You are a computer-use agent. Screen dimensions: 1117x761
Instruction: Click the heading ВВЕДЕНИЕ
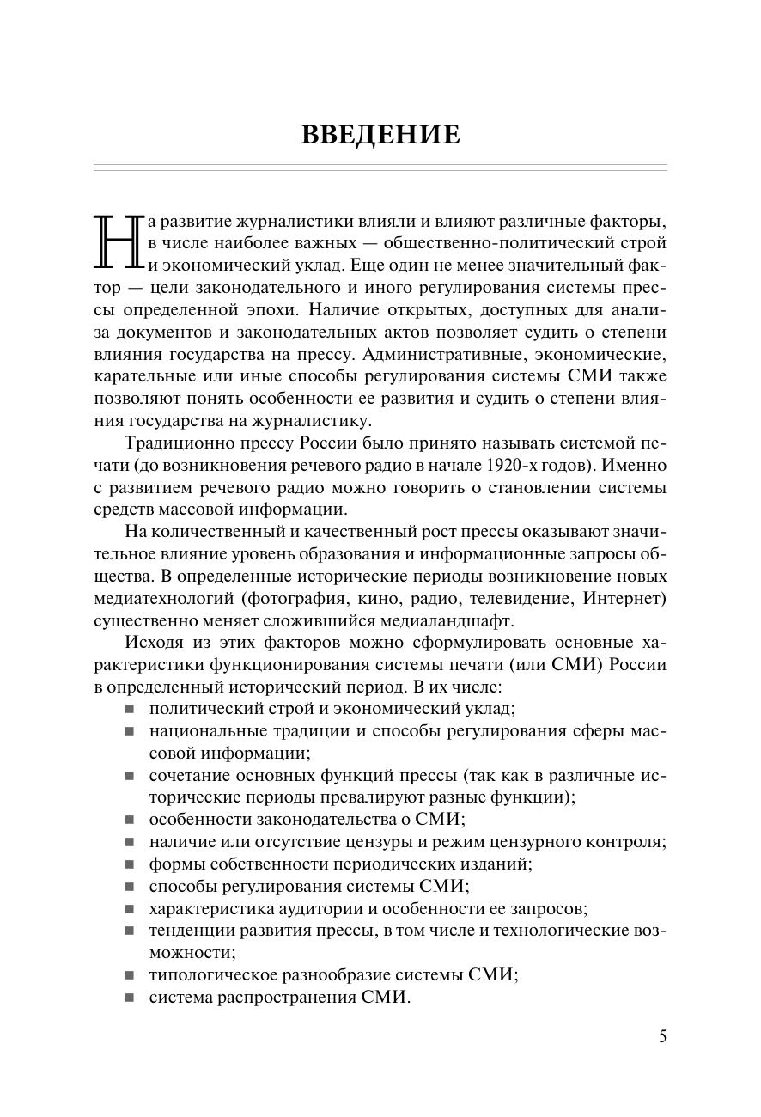[380, 135]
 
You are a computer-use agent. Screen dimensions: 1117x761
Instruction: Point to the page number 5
[662, 1036]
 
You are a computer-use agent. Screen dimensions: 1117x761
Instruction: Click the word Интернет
[624, 598]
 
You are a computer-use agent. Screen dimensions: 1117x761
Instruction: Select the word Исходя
[155, 642]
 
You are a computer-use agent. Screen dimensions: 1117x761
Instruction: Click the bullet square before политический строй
[130, 709]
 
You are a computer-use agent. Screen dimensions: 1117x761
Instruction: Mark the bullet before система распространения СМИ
[130, 998]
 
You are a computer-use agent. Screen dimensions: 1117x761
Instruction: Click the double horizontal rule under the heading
[380, 168]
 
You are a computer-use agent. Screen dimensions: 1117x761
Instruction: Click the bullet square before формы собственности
[130, 864]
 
